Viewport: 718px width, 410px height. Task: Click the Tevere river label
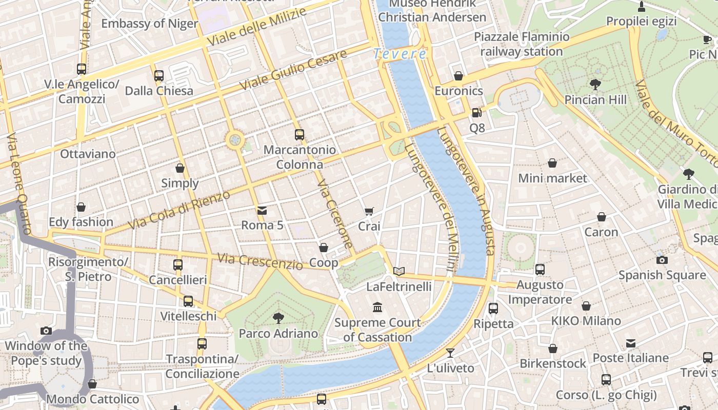[400, 54]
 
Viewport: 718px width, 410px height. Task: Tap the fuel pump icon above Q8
[477, 113]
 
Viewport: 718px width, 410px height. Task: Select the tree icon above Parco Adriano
[278, 318]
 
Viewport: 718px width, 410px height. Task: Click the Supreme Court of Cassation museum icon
[378, 307]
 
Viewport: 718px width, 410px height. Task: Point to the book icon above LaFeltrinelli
[399, 271]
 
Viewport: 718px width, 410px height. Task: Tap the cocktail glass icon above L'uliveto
[450, 353]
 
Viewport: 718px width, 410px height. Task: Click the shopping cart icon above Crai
[369, 211]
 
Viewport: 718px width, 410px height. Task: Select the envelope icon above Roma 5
[262, 210]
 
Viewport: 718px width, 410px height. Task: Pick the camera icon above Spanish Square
[662, 260]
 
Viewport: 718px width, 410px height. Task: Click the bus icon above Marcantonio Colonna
[300, 135]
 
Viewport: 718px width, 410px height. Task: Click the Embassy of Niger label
[149, 24]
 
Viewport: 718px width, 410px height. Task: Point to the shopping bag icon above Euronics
[458, 76]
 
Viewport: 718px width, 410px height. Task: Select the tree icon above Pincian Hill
[595, 84]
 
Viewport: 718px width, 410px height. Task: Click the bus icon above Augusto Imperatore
[540, 270]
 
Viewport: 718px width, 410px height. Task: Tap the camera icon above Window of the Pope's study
[46, 331]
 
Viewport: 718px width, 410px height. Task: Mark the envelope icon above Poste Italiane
[630, 343]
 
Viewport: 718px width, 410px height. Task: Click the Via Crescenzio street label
[260, 261]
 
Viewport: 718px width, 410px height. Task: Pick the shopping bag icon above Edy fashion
[81, 207]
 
